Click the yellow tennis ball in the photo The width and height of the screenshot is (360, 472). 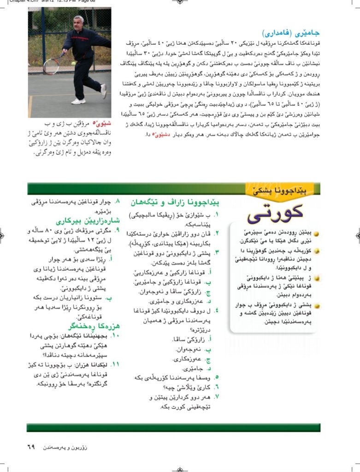click(x=73, y=64)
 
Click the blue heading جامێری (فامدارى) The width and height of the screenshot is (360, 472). click(x=291, y=33)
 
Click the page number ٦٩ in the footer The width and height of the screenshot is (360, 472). click(x=31, y=447)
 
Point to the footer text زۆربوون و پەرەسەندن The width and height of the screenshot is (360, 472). click(x=65, y=448)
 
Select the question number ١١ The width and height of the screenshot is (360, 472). click(x=116, y=364)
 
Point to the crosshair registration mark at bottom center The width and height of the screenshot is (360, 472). click(x=180, y=467)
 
